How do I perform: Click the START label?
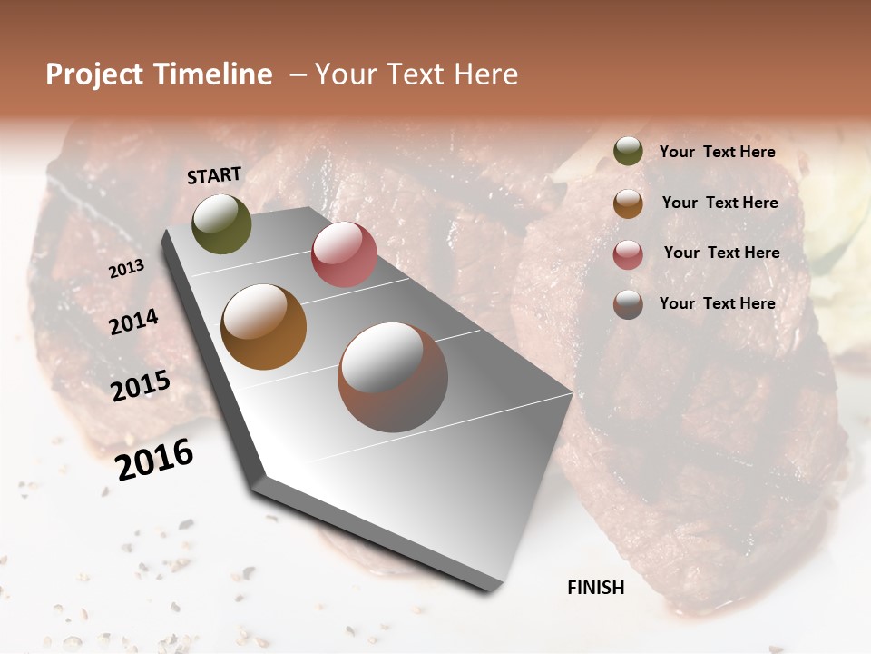pyautogui.click(x=214, y=175)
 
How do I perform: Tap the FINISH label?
pyautogui.click(x=596, y=588)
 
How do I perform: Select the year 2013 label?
pyautogui.click(x=126, y=269)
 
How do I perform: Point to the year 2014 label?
pyautogui.click(x=133, y=322)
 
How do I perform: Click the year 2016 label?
pyautogui.click(x=154, y=460)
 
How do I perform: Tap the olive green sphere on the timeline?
pyautogui.click(x=221, y=223)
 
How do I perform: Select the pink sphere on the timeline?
pyautogui.click(x=344, y=254)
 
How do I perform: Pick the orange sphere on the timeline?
pyautogui.click(x=264, y=327)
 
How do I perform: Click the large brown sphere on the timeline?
pyautogui.click(x=393, y=377)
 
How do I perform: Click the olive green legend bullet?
pyautogui.click(x=628, y=152)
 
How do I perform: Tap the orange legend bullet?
pyautogui.click(x=628, y=203)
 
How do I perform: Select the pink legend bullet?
pyautogui.click(x=628, y=254)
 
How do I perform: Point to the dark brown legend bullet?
pyautogui.click(x=628, y=304)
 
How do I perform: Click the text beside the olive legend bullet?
pyautogui.click(x=718, y=153)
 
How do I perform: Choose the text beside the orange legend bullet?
pyautogui.click(x=720, y=203)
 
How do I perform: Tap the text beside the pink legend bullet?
pyautogui.click(x=722, y=253)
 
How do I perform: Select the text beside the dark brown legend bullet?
pyautogui.click(x=718, y=303)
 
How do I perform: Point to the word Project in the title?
pyautogui.click(x=94, y=75)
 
